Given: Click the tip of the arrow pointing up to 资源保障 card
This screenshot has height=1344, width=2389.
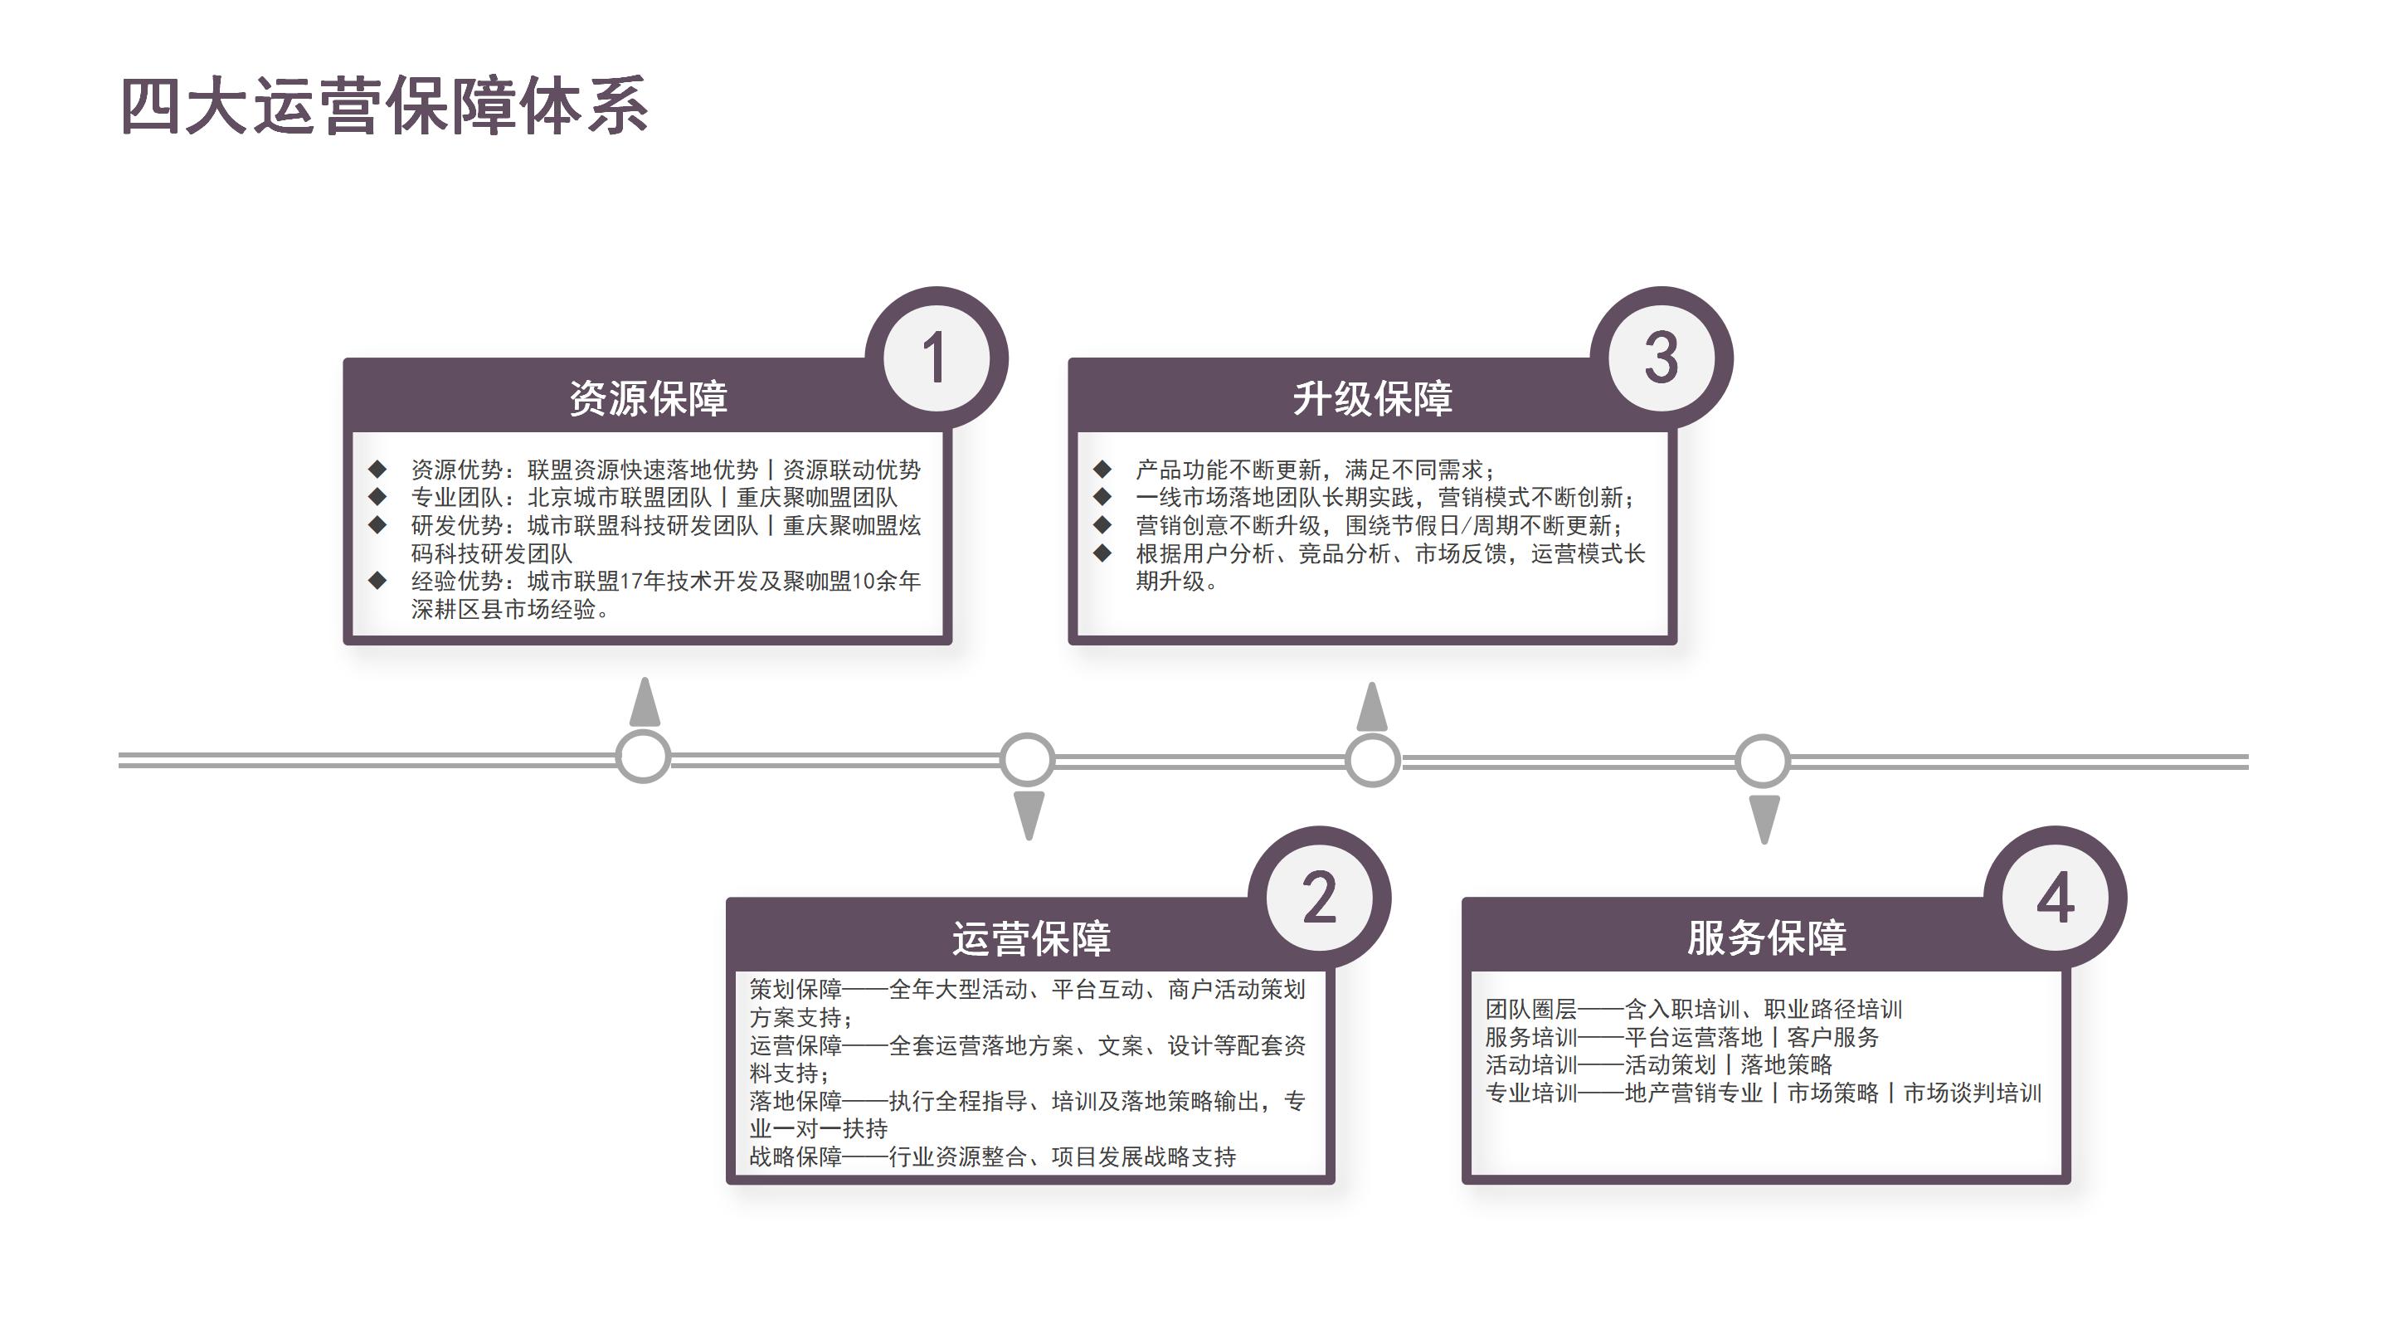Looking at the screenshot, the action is click(x=645, y=678).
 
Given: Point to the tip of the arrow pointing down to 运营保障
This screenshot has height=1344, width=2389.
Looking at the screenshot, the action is click(x=1029, y=840).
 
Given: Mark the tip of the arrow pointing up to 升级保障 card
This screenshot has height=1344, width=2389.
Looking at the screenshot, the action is click(x=1373, y=683).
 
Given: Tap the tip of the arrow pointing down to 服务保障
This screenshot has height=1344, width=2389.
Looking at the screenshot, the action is click(x=1764, y=844).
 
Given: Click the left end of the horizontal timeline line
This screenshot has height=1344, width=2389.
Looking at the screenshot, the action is click(x=119, y=761).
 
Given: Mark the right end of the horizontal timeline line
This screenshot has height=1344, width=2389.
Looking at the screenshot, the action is click(x=2249, y=761).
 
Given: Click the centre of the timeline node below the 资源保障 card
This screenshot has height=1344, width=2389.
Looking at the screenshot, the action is click(x=643, y=757).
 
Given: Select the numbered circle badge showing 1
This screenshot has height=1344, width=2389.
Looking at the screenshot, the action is click(x=937, y=358).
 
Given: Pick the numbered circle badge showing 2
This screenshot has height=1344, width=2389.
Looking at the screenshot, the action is click(x=1320, y=898).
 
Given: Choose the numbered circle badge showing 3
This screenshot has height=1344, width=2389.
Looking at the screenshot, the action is click(x=1661, y=358).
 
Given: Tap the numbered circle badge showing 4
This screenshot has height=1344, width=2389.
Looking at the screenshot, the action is click(x=2056, y=898).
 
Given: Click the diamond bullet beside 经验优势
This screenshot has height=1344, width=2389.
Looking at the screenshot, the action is click(x=377, y=581).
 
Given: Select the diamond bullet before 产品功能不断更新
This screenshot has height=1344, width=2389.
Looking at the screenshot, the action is click(x=1102, y=469).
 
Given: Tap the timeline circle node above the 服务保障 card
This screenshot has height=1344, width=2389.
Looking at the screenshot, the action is click(x=1763, y=761).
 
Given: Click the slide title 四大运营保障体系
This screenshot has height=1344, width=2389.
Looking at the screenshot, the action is click(x=384, y=105).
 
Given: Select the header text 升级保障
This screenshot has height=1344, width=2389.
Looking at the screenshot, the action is click(x=1373, y=398).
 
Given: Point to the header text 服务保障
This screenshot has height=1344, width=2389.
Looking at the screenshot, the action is click(x=1767, y=937).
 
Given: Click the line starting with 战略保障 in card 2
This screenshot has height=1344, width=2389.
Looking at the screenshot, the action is click(x=992, y=1157).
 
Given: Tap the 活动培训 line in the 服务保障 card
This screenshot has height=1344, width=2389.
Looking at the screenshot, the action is click(x=1658, y=1064).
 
